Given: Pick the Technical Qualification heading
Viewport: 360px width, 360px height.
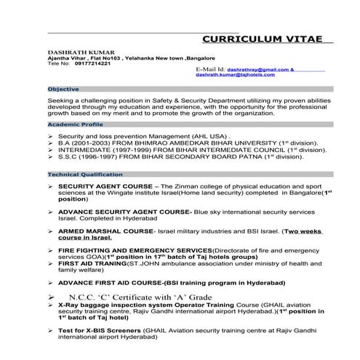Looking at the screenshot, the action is [x=81, y=175].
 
